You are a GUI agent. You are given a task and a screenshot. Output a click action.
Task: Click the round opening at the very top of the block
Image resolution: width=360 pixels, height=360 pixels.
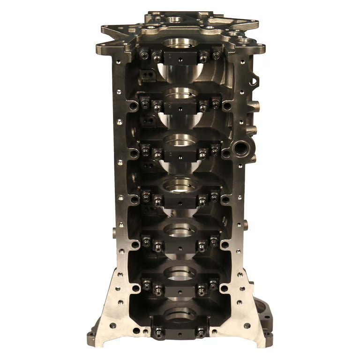click(x=175, y=20)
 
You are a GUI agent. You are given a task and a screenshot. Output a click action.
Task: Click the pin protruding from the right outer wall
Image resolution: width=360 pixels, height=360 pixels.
click(x=245, y=225)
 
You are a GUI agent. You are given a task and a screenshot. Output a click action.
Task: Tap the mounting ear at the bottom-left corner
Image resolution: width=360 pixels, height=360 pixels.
click(x=92, y=337)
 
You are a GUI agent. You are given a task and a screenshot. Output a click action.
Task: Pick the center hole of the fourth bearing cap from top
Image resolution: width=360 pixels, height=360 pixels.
click(x=180, y=201)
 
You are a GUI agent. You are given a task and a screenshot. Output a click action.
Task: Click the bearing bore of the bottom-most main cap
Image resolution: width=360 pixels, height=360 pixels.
click(x=180, y=316)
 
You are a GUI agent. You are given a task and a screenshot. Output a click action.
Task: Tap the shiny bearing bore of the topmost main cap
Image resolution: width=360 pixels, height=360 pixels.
click(x=180, y=45)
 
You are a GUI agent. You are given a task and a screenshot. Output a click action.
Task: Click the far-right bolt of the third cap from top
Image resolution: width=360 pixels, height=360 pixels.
click(x=215, y=151)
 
